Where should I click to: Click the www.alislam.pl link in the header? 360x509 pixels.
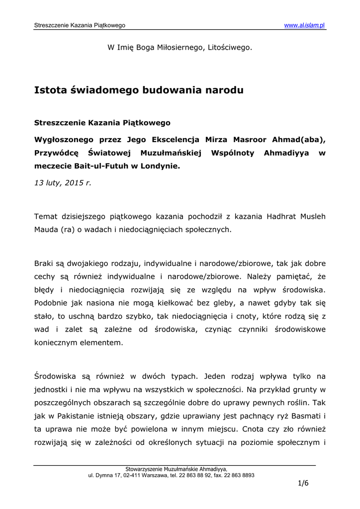pos(304,25)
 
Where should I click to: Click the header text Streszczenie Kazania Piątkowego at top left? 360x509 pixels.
pos(80,25)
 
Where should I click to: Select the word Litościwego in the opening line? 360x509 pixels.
pos(229,48)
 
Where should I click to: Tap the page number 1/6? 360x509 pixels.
pos(303,484)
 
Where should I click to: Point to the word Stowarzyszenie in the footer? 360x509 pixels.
pos(148,469)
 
